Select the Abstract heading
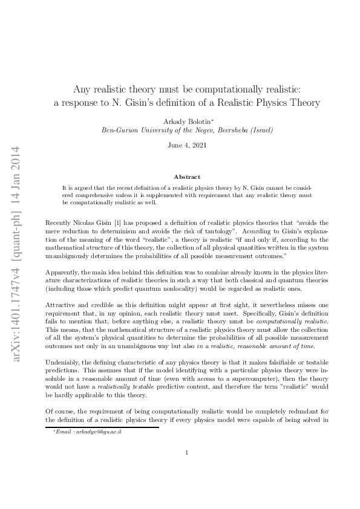tap(187, 177)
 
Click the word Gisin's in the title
tap(152, 102)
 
